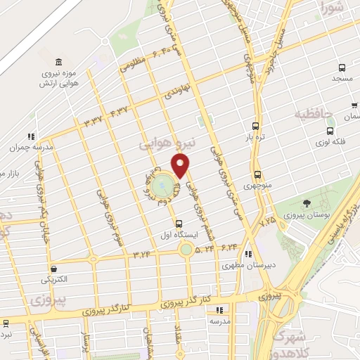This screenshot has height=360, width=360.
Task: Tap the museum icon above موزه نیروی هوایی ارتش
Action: [x=58, y=62]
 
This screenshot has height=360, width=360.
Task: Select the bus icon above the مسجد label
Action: [x=342, y=68]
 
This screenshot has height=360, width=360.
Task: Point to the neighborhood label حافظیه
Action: [x=313, y=112]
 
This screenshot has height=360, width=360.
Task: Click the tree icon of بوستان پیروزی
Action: [x=306, y=203]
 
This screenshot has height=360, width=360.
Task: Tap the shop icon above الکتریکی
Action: [x=54, y=268]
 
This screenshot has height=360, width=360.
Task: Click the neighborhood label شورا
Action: [x=333, y=9]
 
